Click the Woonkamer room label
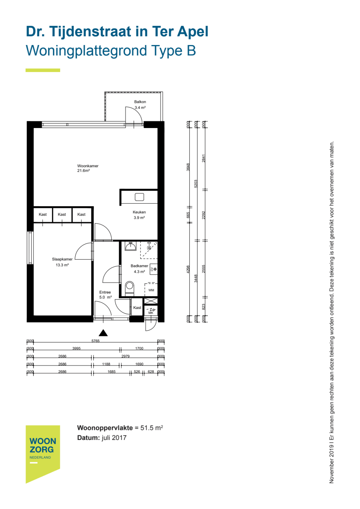coord(88,166)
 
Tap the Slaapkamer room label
coord(62,259)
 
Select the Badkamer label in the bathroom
coord(139,266)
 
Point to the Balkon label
coord(140,102)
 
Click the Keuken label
coord(139,212)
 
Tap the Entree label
coord(105,292)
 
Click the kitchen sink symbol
coord(139,197)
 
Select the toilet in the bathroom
coord(130,288)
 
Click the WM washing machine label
coord(151,290)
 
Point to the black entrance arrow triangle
coord(103,333)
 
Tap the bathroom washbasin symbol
coord(131,246)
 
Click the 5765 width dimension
coord(95,341)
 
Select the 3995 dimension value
coord(76,348)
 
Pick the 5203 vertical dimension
coord(196,184)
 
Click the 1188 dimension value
coord(106,364)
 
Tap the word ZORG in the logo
coord(42,449)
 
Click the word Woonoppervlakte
coord(105,428)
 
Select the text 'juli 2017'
coord(114,438)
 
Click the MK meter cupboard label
coord(151,313)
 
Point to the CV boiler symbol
coord(153,269)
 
